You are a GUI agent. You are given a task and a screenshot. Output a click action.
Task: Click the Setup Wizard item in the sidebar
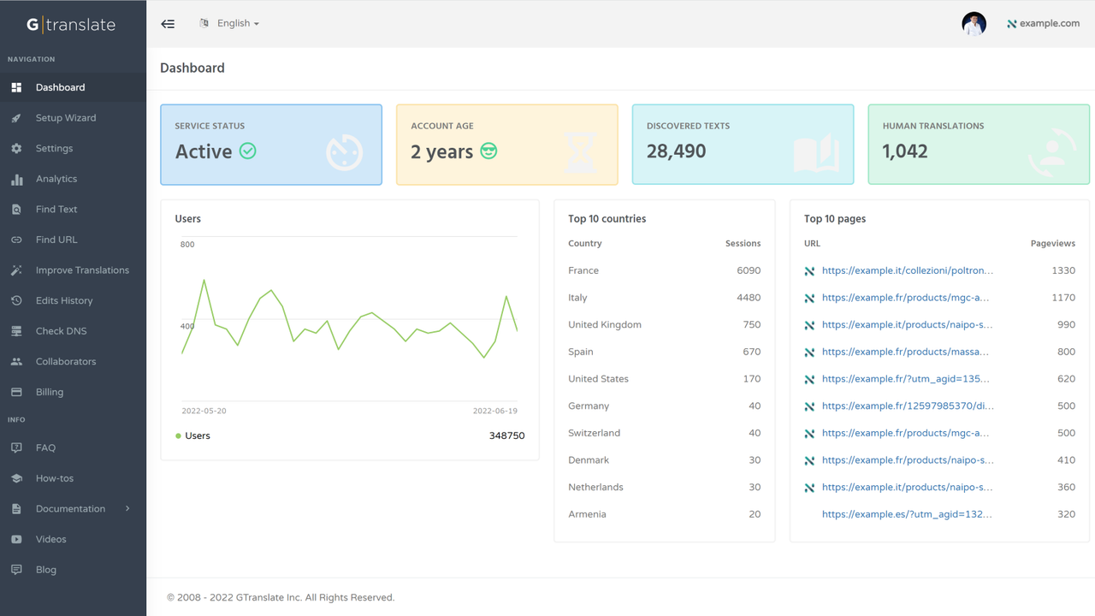coord(65,118)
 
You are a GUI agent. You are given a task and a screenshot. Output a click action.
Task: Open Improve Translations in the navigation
coord(82,270)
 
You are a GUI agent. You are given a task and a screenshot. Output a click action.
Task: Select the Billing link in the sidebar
coord(50,392)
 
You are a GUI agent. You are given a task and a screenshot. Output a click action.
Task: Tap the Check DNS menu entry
coord(61,331)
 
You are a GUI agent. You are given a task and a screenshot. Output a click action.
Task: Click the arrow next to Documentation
coord(127,508)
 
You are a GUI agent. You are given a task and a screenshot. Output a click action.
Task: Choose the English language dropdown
coord(237,23)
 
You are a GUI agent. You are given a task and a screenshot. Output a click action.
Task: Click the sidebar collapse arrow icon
coord(168,24)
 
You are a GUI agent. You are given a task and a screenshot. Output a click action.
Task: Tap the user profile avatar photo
coord(974,24)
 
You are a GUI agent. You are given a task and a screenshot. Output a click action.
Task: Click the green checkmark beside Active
coord(247,151)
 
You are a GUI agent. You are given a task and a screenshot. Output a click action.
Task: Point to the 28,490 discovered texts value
coord(676,151)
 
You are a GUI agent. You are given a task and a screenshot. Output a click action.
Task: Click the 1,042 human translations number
coord(904,151)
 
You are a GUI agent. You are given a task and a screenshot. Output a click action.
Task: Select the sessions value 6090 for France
coord(748,270)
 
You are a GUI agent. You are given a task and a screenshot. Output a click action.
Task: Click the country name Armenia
coord(587,514)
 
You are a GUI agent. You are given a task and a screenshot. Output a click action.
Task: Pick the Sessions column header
coord(743,243)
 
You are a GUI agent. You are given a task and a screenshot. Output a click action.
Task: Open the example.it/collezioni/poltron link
coord(907,270)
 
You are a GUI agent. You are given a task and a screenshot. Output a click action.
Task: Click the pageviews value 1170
coord(1063,298)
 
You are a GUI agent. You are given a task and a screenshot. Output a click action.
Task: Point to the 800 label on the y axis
coord(187,245)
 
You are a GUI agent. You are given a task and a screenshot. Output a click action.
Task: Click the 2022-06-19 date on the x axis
coord(494,411)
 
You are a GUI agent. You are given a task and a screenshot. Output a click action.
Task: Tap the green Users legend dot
coord(178,435)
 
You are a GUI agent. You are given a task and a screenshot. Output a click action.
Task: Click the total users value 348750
coord(506,435)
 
